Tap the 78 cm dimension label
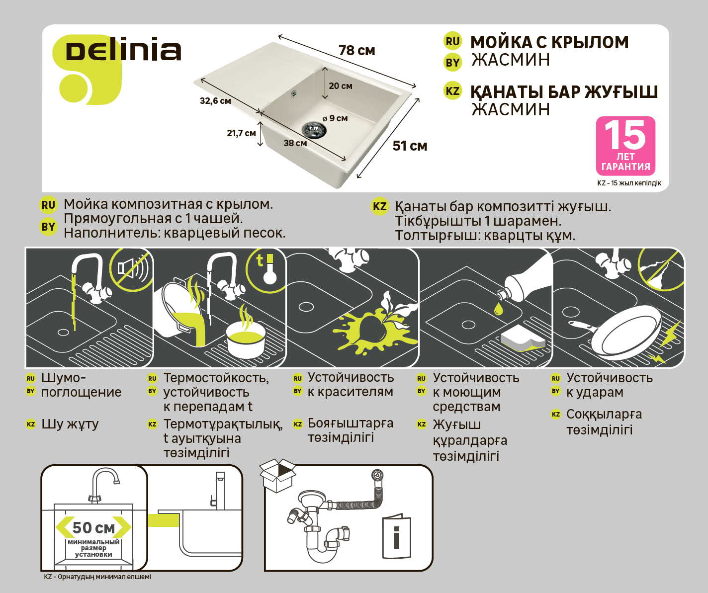tap(356, 51)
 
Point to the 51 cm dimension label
tap(410, 146)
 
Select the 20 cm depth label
tap(341, 86)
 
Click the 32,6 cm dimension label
tap(215, 101)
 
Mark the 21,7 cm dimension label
tap(241, 133)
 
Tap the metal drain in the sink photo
tap(314, 130)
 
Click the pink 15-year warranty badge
tap(625, 146)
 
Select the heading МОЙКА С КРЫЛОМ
tap(550, 42)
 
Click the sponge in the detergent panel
tap(524, 339)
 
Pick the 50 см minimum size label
tap(93, 527)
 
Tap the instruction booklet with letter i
tap(396, 538)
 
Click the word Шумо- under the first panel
tap(64, 378)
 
